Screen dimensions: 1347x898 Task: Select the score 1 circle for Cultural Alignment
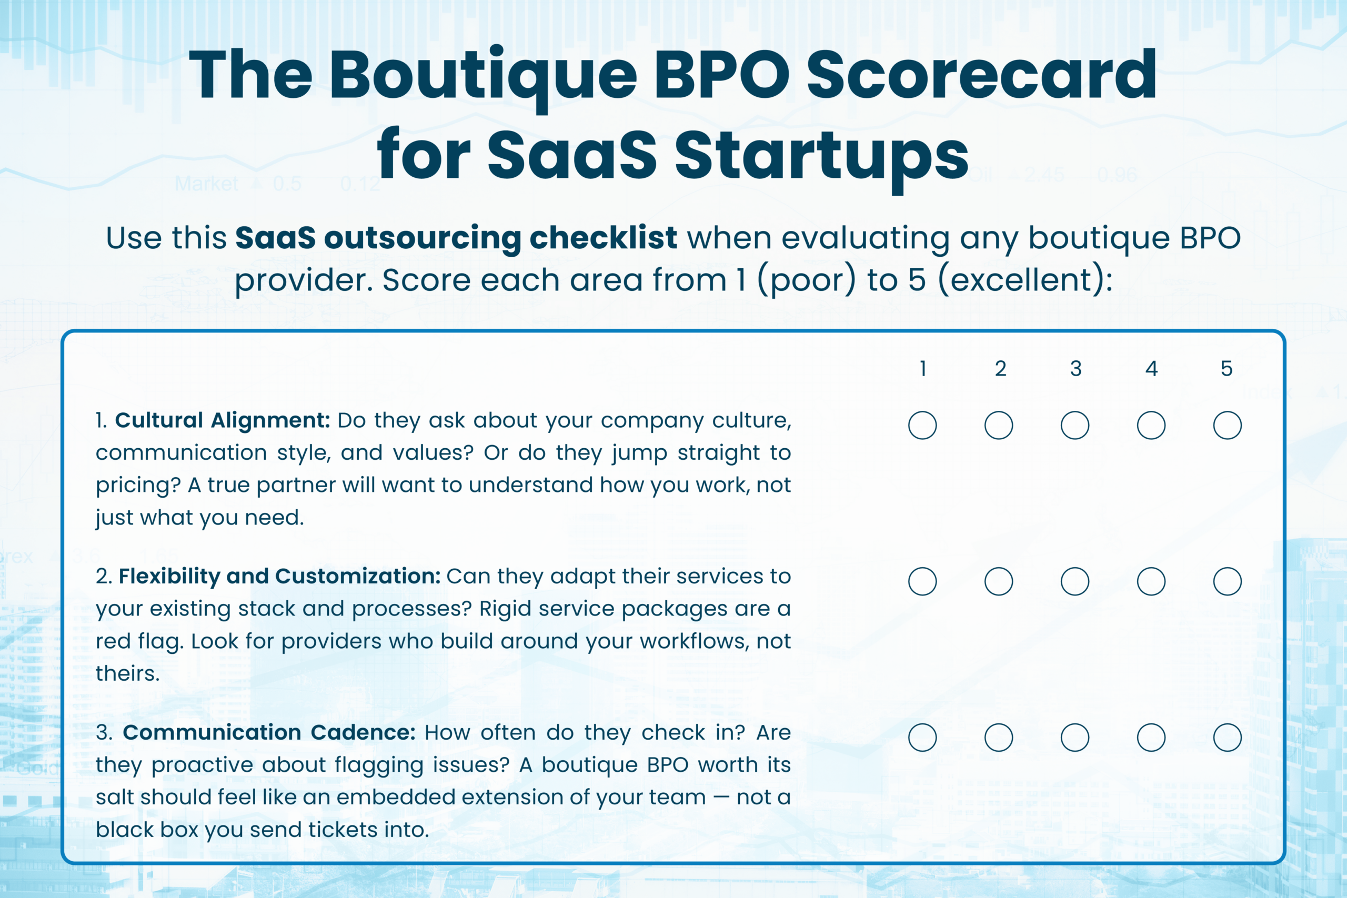[x=922, y=426]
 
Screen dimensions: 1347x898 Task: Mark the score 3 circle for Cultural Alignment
[x=1075, y=426]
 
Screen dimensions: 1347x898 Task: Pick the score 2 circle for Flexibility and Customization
[x=999, y=582]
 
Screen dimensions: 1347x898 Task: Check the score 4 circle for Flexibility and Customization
[x=1151, y=582]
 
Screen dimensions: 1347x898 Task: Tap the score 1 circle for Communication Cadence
[x=922, y=738]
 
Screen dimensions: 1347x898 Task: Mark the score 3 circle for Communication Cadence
[x=1075, y=738]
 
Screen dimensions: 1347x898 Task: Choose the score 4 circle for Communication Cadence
[x=1151, y=738]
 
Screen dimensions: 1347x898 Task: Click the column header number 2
[x=1000, y=369]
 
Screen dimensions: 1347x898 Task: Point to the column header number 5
[x=1227, y=369]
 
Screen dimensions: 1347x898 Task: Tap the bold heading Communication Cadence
[x=269, y=732]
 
